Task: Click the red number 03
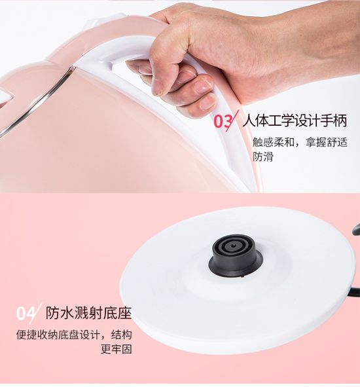pyautogui.click(x=223, y=121)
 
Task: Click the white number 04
pyautogui.click(x=25, y=314)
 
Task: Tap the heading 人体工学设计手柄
pyautogui.click(x=295, y=120)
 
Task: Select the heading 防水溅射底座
pyautogui.click(x=88, y=313)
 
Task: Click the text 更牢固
pyautogui.click(x=117, y=349)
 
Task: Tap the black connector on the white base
pyautogui.click(x=236, y=255)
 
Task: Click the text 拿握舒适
pyautogui.click(x=326, y=142)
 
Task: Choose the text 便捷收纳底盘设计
pyautogui.click(x=58, y=335)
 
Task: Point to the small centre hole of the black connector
pyautogui.click(x=234, y=246)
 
